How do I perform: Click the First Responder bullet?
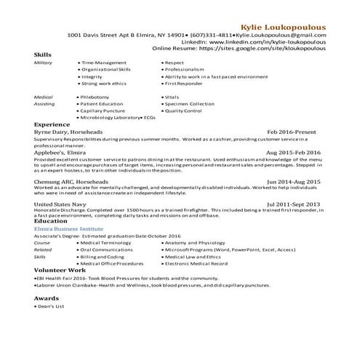pyautogui.click(x=186, y=83)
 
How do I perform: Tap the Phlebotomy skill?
pyautogui.click(x=98, y=97)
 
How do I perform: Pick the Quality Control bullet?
pyautogui.click(x=185, y=111)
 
